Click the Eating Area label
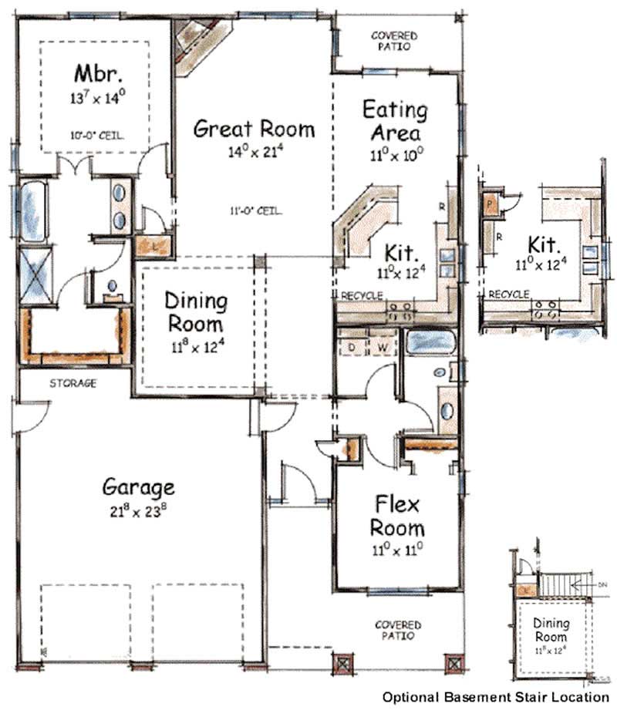coord(395,120)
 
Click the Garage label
coord(139,487)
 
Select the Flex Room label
coord(398,516)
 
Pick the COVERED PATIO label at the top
coord(394,41)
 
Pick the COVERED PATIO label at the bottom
coord(398,631)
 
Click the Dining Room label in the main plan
coord(197,311)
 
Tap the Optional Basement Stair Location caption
coord(495,696)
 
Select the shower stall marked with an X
coord(34,274)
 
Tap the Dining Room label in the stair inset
coord(551,630)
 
